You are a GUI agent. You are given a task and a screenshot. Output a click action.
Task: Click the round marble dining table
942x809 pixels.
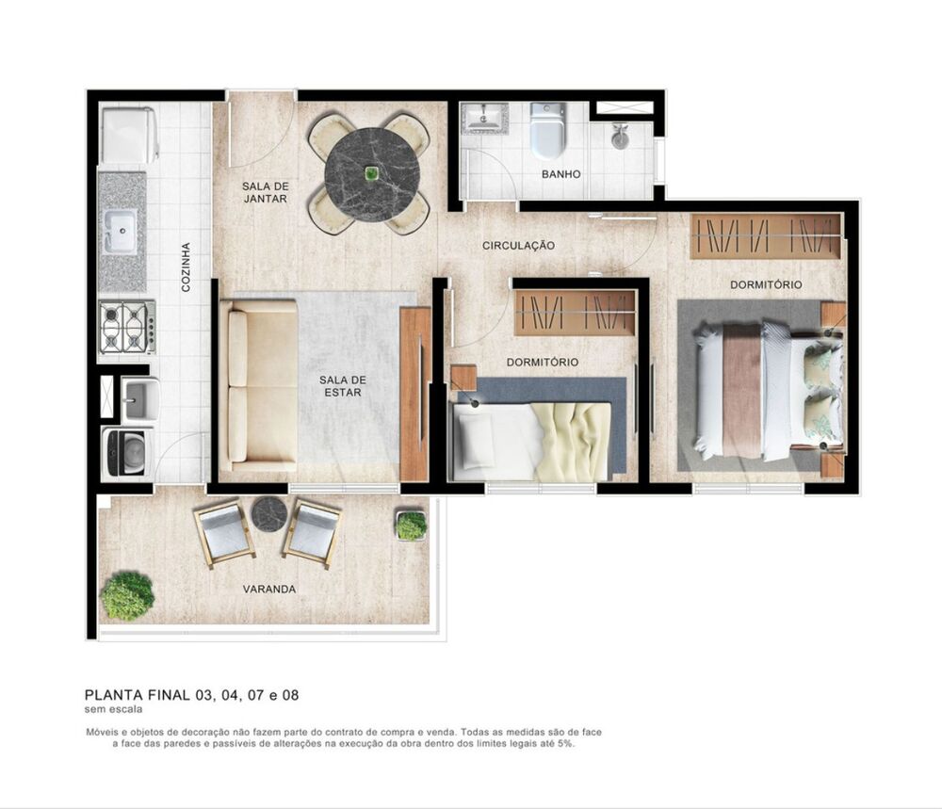click(372, 174)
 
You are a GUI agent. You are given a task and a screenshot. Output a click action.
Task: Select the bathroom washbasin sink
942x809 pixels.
click(484, 119)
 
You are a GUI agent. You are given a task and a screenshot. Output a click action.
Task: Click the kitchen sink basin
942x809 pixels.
click(121, 230)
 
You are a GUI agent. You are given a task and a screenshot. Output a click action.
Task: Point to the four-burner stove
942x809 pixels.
click(126, 327)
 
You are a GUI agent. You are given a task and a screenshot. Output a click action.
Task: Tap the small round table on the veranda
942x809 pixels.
click(268, 513)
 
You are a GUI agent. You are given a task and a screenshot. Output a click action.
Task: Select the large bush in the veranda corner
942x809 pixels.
click(127, 595)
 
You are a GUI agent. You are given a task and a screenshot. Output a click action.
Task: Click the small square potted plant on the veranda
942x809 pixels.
click(411, 526)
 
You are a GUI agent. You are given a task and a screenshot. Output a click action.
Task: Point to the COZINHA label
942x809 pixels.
click(186, 267)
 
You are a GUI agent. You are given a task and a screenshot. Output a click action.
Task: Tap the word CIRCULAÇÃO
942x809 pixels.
click(518, 246)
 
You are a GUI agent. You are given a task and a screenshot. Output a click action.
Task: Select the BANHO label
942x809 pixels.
click(560, 174)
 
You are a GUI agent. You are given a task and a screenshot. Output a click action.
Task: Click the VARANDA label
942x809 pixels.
click(269, 590)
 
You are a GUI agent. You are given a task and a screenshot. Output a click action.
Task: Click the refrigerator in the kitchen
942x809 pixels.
click(129, 135)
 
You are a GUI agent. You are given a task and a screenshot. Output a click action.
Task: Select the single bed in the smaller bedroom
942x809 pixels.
click(532, 439)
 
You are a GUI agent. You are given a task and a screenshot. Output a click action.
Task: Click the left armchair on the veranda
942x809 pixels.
click(223, 533)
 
